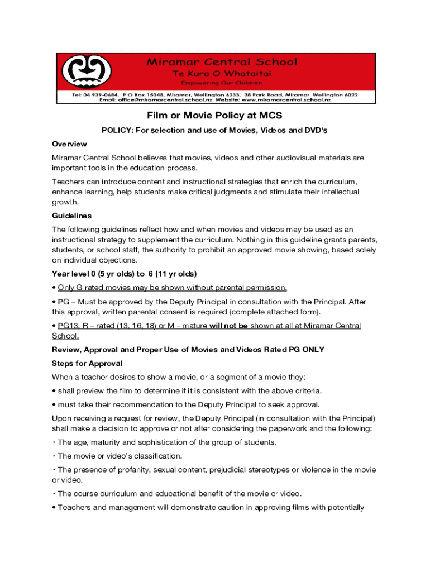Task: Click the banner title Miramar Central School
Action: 222,62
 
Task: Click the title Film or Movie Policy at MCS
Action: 214,116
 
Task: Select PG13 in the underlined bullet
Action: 69,326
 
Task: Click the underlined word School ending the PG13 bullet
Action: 65,336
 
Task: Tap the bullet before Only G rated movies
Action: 54,288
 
